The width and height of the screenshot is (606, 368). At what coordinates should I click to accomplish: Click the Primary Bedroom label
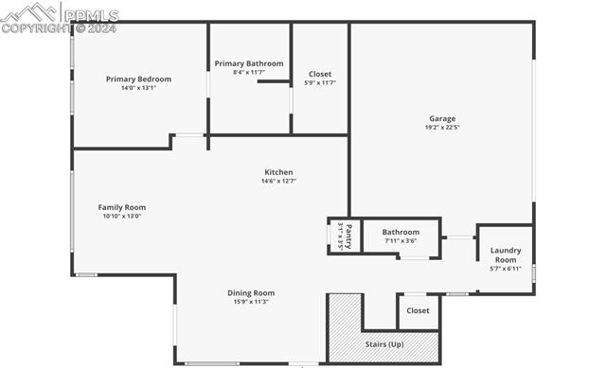pos(138,79)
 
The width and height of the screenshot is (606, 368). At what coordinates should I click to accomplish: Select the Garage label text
pos(442,118)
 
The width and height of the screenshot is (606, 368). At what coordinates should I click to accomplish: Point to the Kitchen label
pos(278,172)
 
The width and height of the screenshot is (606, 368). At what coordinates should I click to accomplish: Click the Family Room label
pos(122,207)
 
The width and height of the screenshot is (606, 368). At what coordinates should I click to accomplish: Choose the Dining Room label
pos(251,292)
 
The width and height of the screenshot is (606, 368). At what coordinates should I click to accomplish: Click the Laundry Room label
pos(506,255)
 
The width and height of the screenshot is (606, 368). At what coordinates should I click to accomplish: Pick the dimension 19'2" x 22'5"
pos(442,128)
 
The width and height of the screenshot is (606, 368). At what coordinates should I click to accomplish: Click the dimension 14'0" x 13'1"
pos(138,88)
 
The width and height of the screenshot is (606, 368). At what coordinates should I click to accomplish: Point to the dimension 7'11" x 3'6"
pos(401,240)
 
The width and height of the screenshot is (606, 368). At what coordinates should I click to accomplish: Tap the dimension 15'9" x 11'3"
pos(251,302)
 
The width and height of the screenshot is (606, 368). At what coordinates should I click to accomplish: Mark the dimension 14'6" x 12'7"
pos(278,181)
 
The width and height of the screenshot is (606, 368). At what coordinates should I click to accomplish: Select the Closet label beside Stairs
pos(418,310)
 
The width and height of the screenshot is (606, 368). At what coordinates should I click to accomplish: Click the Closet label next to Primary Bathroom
pos(320,74)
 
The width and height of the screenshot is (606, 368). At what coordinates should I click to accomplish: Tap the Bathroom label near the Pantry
pos(401,232)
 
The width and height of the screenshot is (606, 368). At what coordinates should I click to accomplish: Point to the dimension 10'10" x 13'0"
pos(122,216)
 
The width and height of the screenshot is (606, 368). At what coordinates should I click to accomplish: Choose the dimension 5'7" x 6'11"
pos(506,269)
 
